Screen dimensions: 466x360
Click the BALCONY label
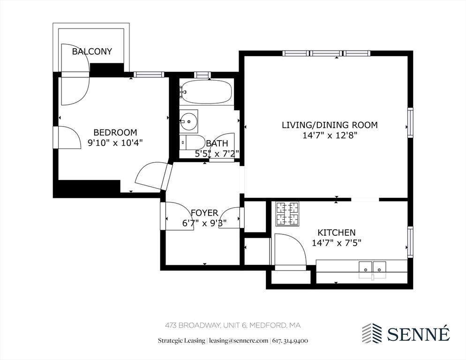[x=92, y=52]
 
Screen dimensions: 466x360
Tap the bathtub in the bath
[x=206, y=92]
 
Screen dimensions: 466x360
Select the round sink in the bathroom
[x=188, y=121]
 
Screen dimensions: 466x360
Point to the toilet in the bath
[x=192, y=142]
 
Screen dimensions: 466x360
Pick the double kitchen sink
[x=372, y=270]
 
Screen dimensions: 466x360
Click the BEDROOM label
[x=115, y=132]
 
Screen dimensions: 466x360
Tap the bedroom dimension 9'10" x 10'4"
[x=115, y=143]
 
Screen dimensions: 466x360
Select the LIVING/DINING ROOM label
[x=330, y=125]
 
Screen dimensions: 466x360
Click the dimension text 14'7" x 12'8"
[x=330, y=135]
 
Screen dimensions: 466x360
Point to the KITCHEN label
[x=337, y=232]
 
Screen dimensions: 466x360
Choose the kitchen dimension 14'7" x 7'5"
[x=337, y=243]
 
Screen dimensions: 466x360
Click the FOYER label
[x=204, y=213]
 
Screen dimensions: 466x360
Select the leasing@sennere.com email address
[x=238, y=341]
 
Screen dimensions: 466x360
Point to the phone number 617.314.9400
[x=290, y=341]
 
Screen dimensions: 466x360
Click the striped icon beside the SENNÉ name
[x=372, y=333]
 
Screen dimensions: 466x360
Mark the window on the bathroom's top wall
[x=203, y=75]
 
